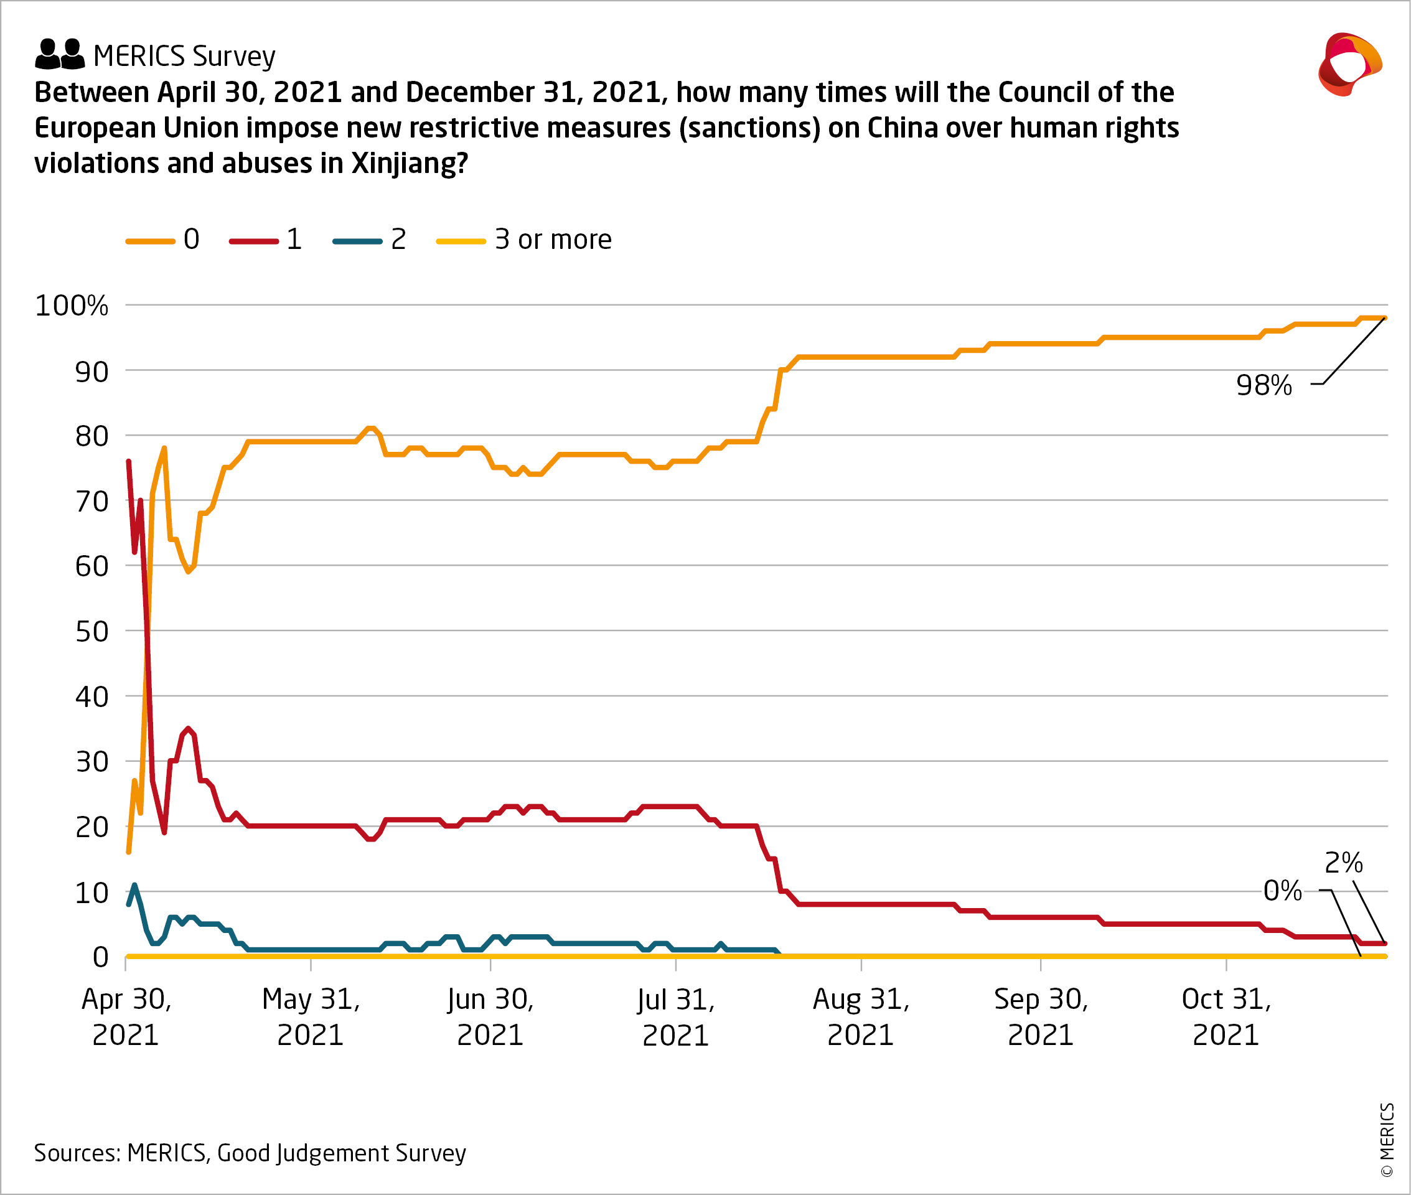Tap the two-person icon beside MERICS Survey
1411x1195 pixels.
(x=60, y=54)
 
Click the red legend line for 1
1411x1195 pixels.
(x=253, y=241)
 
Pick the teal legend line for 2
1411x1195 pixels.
(x=357, y=241)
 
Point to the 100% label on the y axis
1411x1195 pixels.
(x=71, y=306)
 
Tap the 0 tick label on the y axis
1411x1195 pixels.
(x=100, y=957)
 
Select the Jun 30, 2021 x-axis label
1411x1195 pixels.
(x=490, y=1017)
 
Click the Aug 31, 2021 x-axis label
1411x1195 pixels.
(x=861, y=1017)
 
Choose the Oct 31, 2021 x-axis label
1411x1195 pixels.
(x=1226, y=1017)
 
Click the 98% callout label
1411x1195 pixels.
(x=1263, y=385)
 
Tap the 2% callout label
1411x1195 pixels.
(x=1343, y=863)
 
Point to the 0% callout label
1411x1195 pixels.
(x=1282, y=890)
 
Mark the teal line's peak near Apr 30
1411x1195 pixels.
(x=134, y=884)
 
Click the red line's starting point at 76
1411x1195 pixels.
(x=129, y=461)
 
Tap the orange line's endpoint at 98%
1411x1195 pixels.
(x=1385, y=317)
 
